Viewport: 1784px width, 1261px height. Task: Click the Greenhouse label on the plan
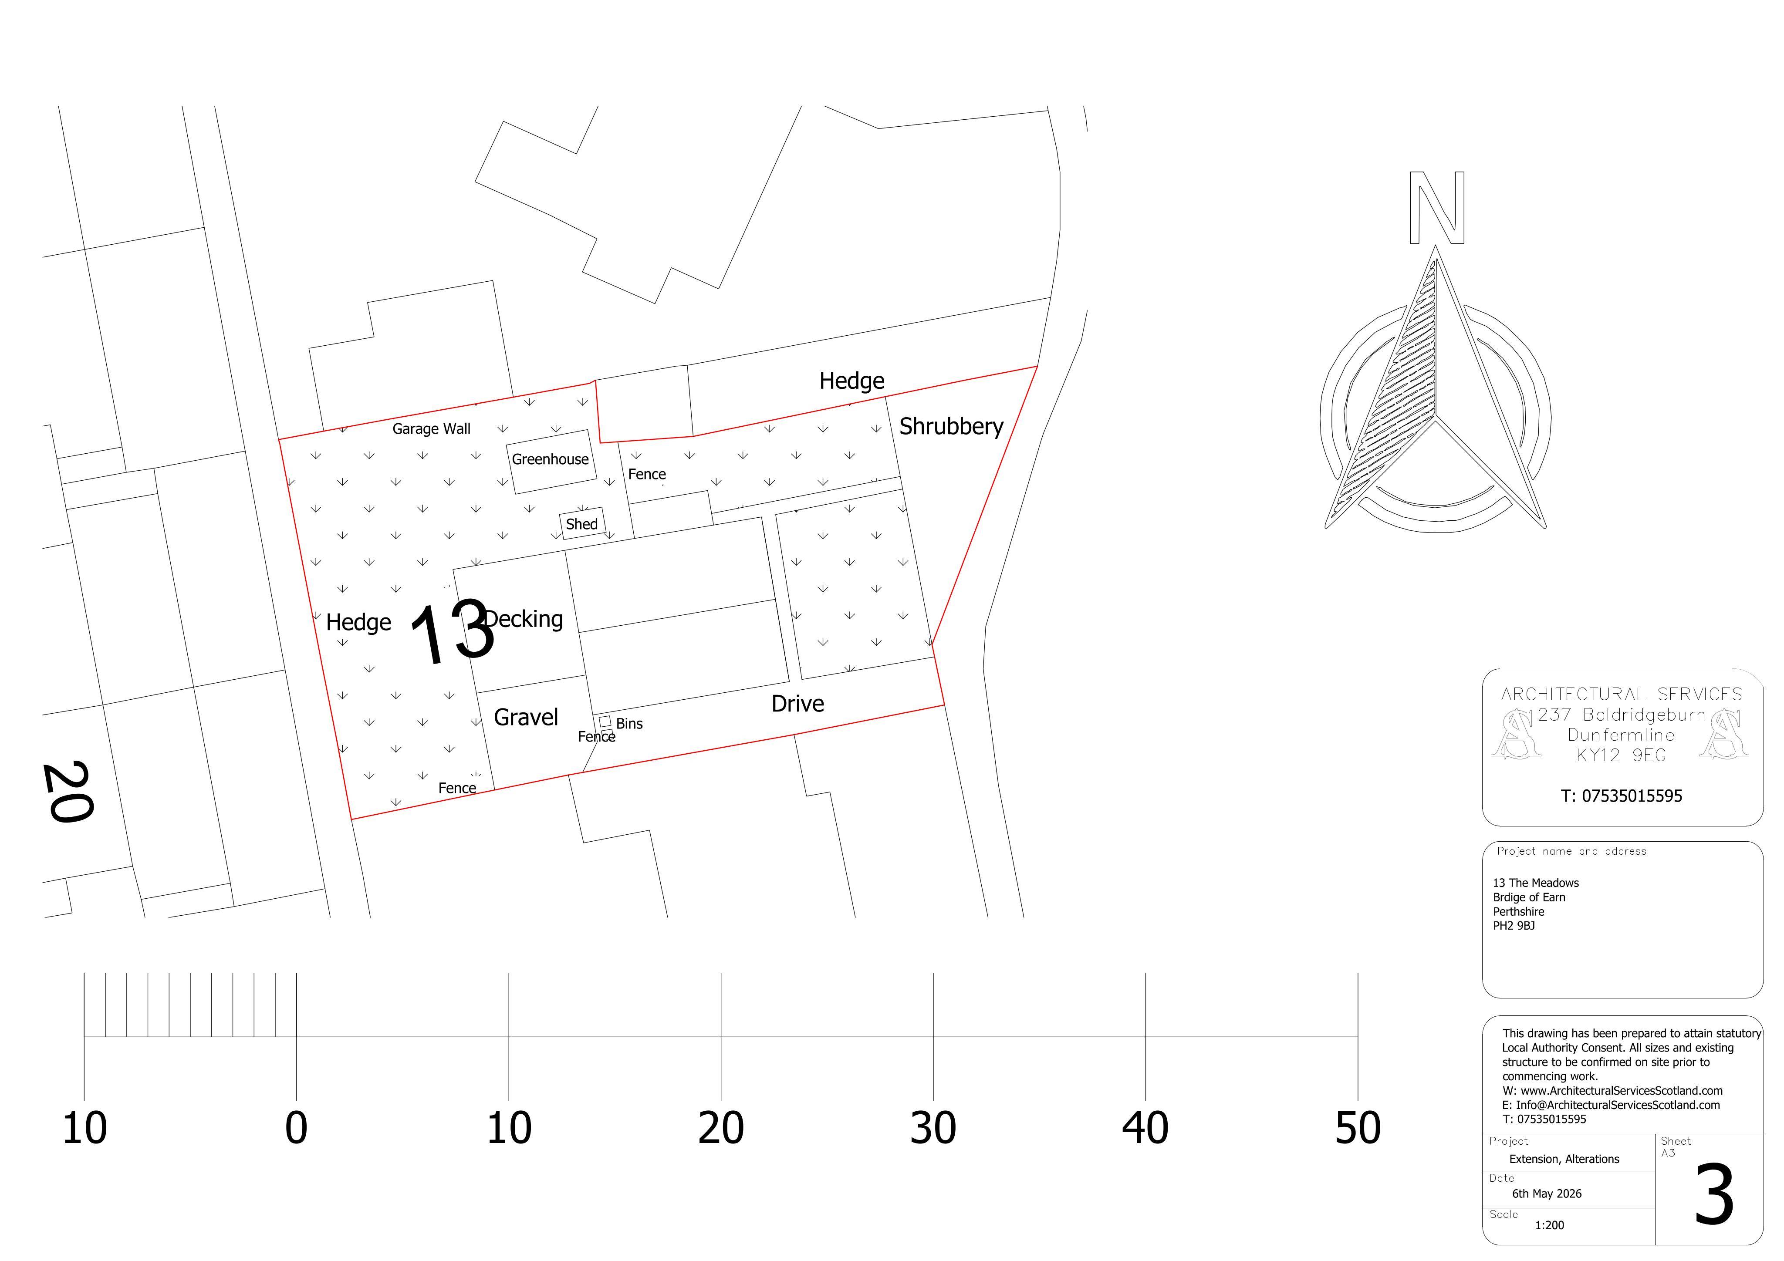pos(550,459)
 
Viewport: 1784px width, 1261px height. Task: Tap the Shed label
pos(582,524)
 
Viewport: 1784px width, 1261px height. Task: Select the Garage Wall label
pos(431,429)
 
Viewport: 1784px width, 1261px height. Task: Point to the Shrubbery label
pos(951,427)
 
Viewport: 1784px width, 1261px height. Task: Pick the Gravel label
pos(526,717)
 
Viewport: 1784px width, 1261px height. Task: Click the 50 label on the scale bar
pos(1358,1128)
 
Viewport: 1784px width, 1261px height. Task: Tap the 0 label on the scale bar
pos(296,1128)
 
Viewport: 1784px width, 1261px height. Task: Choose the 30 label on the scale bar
pos(933,1128)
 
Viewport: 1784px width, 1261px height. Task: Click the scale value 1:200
pos(1549,1225)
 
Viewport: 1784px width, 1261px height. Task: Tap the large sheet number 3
pos(1714,1195)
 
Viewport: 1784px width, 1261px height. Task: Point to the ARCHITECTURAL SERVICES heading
pos(1622,694)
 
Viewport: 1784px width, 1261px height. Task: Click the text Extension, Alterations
pos(1564,1159)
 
